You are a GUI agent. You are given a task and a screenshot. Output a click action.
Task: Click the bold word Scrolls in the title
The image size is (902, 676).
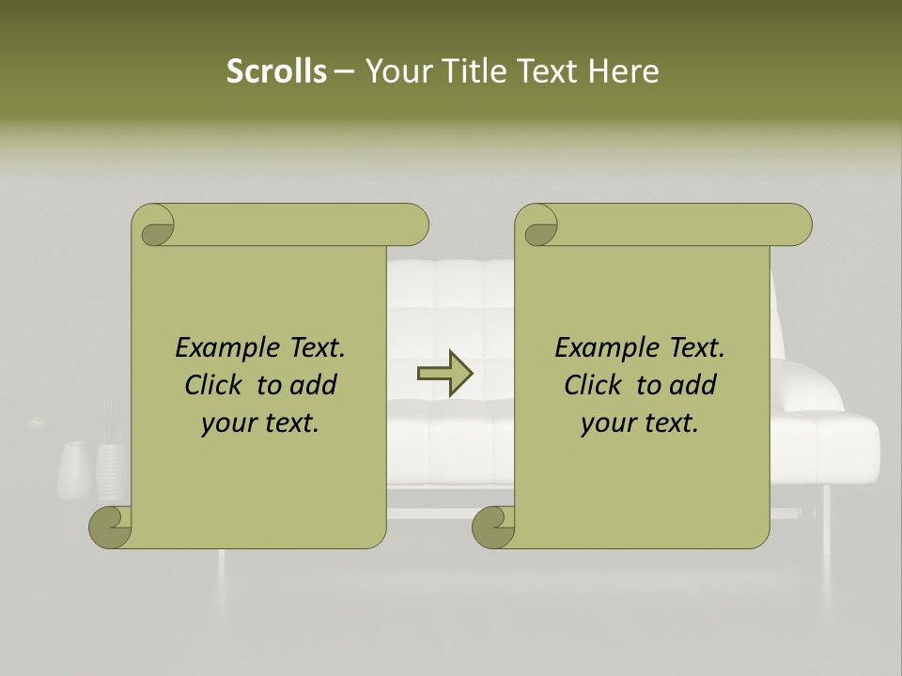(276, 71)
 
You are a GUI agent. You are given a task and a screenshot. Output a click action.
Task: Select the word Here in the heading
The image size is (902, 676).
(624, 71)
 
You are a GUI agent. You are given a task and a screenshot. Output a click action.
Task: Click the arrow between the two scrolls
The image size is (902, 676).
(444, 374)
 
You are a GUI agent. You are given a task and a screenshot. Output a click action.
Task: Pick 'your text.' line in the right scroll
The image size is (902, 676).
(640, 423)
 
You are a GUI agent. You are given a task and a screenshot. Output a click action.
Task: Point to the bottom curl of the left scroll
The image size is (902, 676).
(111, 527)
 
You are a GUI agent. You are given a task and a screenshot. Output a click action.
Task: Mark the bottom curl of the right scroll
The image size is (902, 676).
(494, 527)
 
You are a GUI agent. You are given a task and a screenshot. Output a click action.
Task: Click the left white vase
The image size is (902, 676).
(74, 470)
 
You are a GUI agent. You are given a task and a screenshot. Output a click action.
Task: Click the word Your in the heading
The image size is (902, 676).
(398, 71)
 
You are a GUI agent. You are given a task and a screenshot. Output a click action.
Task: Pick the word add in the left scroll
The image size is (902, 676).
(314, 385)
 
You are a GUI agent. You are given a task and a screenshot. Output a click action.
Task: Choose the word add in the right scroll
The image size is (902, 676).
(693, 385)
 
